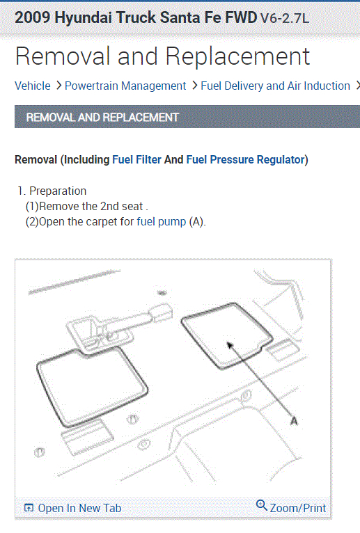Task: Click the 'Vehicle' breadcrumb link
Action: (33, 86)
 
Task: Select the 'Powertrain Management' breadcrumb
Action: (125, 86)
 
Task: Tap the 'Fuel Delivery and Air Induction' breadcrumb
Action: (275, 86)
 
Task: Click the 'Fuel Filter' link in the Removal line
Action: (136, 159)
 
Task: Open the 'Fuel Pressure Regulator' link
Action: (245, 159)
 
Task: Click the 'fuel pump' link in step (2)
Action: (161, 222)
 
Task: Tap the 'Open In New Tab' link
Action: (79, 508)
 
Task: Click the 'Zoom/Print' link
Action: (298, 508)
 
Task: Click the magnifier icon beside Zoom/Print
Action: (262, 506)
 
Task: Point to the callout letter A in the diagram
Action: (293, 421)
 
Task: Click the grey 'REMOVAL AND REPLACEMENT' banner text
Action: (102, 118)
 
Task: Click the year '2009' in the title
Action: (32, 17)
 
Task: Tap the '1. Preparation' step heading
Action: (52, 191)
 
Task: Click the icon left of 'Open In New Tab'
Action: (29, 508)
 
